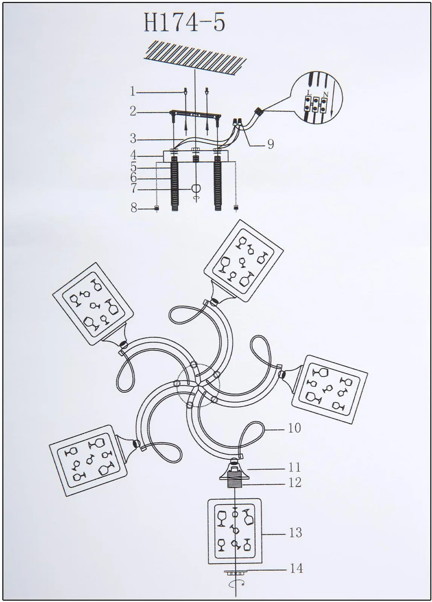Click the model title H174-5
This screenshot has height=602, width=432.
184,23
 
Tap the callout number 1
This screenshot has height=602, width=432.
132,92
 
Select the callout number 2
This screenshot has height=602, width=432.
133,111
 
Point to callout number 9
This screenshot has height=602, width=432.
270,144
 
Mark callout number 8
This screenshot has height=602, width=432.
134,208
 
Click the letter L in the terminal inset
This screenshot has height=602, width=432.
309,93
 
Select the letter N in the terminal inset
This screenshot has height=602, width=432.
326,94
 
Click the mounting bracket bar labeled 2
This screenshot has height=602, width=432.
195,114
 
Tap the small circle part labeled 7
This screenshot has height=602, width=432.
195,189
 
